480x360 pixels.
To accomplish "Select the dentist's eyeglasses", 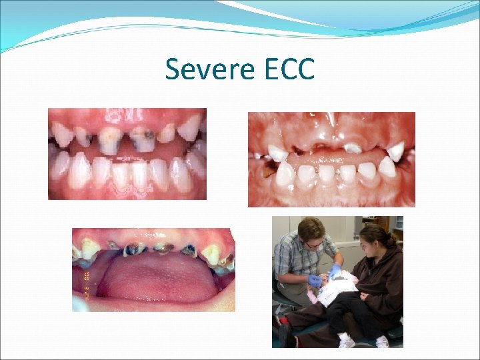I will [x=312, y=243].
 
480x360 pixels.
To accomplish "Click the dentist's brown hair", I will [x=310, y=229].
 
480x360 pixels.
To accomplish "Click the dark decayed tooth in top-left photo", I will [x=143, y=138].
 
